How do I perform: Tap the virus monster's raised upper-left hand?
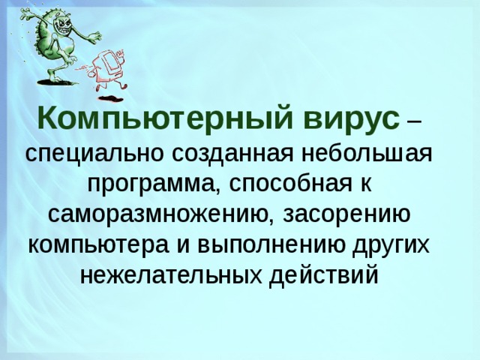point(25,13)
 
